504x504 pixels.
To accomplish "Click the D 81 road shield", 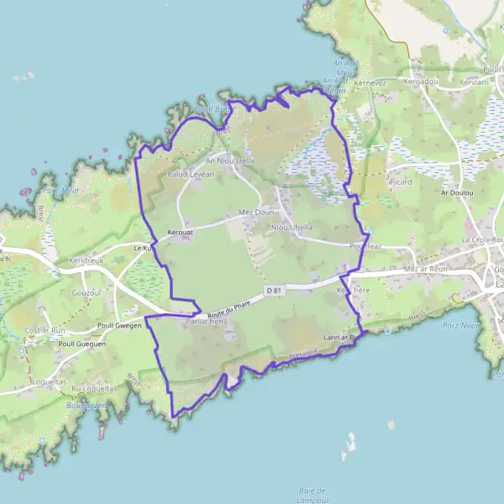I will pyautogui.click(x=272, y=291).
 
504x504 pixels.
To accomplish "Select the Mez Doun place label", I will pyautogui.click(x=256, y=213).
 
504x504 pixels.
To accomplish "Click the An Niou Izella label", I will pyautogui.click(x=230, y=160).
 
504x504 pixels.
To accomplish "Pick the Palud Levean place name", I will pyautogui.click(x=191, y=174).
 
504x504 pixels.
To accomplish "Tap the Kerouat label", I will pyautogui.click(x=181, y=231).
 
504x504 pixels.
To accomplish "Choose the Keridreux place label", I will pyautogui.click(x=87, y=260).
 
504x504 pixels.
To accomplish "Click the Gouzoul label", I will pyautogui.click(x=87, y=292).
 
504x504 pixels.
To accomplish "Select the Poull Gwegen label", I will pyautogui.click(x=118, y=325).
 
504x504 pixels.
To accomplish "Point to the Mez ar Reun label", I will pyautogui.click(x=423, y=269).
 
